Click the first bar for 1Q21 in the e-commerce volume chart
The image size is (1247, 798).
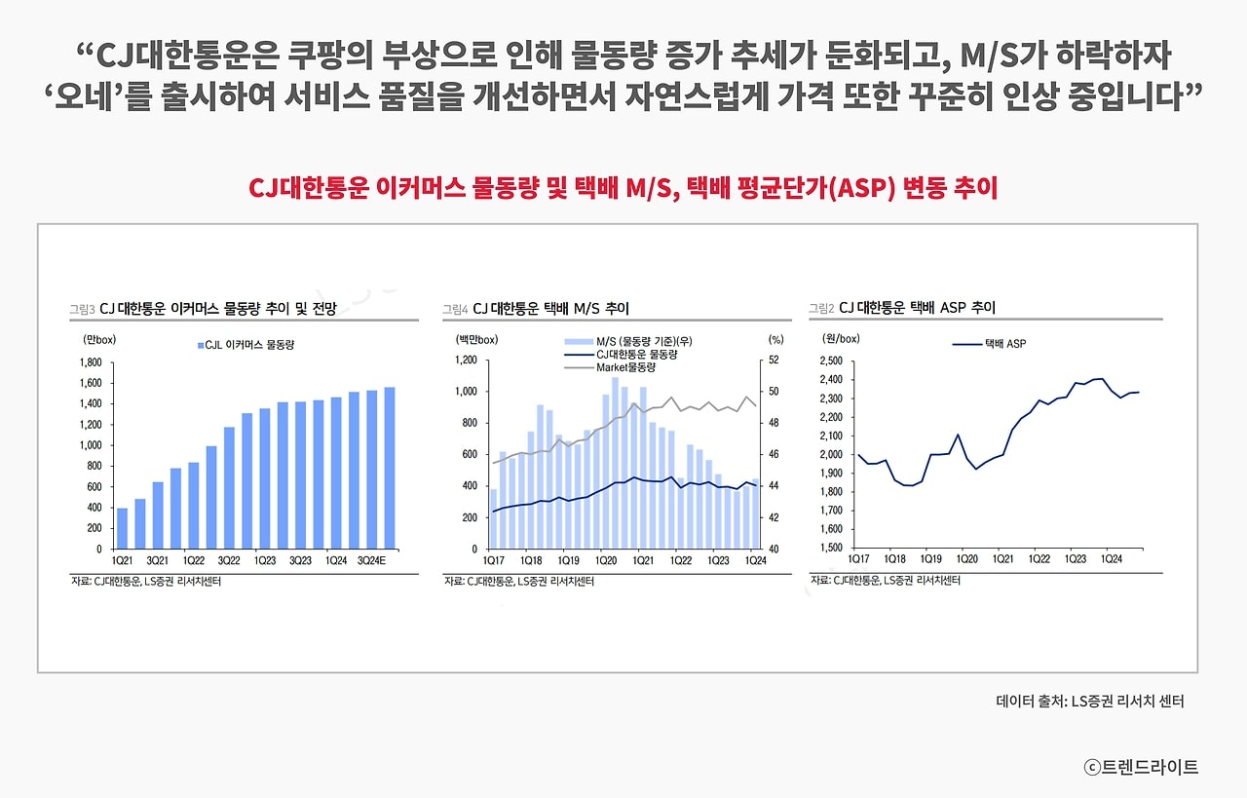click(x=122, y=528)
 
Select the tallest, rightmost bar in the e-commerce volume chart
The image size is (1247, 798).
click(x=389, y=468)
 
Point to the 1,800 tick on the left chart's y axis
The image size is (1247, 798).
click(x=91, y=362)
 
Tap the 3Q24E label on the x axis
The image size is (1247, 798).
click(x=371, y=560)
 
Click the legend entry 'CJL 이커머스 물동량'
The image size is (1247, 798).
click(x=246, y=344)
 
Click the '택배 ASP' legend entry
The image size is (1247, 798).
click(x=1004, y=343)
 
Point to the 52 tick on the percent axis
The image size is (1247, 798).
click(x=775, y=361)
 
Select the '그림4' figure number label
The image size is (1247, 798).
click(x=455, y=309)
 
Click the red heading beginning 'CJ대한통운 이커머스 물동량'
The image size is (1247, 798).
click(x=623, y=188)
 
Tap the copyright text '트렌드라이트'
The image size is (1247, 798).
click(x=1149, y=767)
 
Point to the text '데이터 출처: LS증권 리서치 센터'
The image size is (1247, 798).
click(x=1090, y=701)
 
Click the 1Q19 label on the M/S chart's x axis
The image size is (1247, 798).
click(x=567, y=560)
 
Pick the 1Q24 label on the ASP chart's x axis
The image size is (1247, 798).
click(x=1111, y=559)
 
